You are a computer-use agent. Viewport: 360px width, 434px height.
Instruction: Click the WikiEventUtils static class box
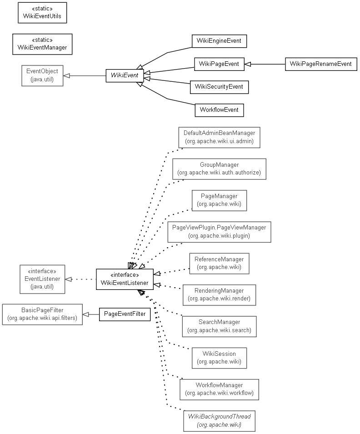42,13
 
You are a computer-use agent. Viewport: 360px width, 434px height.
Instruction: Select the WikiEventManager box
42,44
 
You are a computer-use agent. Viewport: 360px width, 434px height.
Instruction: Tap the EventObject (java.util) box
42,75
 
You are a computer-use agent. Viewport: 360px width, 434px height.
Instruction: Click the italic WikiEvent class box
125,75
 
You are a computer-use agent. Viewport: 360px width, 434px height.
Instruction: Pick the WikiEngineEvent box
219,41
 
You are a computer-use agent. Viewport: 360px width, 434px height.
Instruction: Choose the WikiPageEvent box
219,64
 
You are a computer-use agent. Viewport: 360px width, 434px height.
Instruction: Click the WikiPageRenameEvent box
321,64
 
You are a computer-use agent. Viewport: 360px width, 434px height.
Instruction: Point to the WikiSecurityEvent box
219,87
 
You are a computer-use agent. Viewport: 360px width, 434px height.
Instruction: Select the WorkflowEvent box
219,110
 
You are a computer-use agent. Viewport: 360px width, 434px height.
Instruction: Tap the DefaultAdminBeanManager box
220,137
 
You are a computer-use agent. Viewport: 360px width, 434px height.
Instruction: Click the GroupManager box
219,169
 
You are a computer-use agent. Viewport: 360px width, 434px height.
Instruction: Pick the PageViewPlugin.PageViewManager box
219,231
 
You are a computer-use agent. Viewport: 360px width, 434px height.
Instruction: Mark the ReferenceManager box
219,263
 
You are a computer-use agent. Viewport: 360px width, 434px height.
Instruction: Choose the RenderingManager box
219,294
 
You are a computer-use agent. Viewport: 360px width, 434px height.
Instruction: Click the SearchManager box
219,326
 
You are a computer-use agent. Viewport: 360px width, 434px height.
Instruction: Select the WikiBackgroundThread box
219,421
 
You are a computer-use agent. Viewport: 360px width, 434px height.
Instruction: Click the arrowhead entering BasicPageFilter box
85,314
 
